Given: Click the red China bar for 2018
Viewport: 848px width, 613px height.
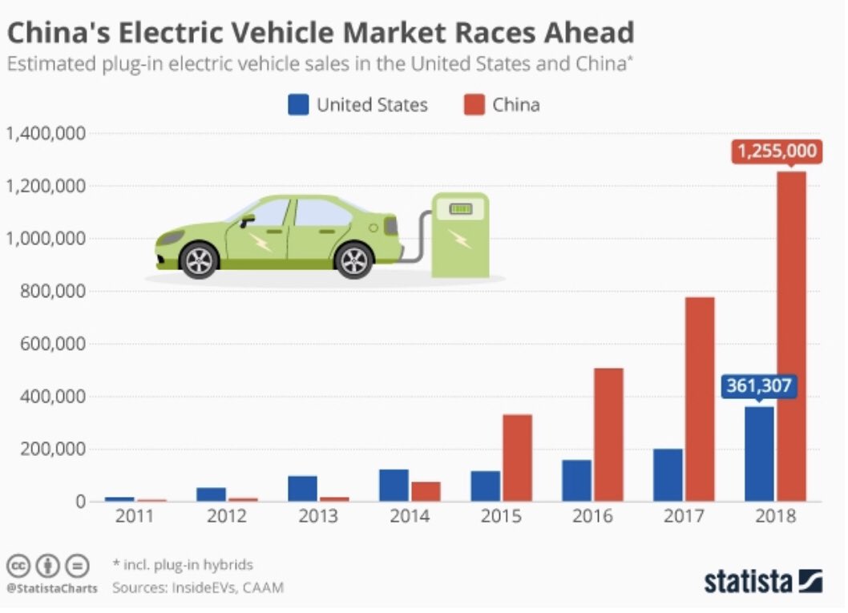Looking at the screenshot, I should click(790, 337).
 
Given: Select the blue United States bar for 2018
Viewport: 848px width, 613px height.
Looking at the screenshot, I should click(759, 454).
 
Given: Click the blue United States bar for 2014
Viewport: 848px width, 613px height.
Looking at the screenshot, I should click(394, 485).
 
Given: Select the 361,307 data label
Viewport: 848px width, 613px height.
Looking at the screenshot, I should click(758, 386).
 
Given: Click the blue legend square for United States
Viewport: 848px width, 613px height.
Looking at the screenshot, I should click(298, 104).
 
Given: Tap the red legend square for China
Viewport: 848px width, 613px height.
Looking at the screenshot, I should click(474, 104).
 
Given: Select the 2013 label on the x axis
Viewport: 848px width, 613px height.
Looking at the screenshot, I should click(318, 516).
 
